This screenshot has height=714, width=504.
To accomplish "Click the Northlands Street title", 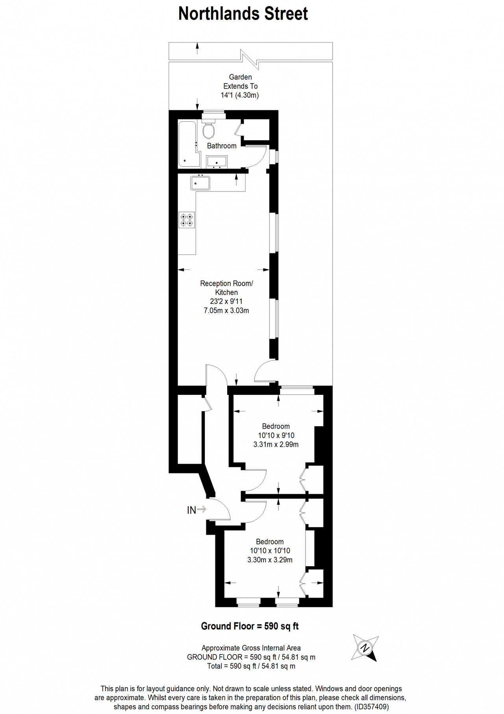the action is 243,14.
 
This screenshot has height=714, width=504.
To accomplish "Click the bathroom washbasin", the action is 217,162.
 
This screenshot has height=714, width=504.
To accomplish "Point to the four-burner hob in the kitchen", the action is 186,220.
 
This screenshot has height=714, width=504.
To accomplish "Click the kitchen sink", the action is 200,183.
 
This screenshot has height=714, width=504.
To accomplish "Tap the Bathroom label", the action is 222,146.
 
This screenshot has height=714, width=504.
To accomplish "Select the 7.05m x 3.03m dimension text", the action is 226,311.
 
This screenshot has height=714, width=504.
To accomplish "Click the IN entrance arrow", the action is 202,509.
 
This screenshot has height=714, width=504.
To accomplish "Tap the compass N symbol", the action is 365,648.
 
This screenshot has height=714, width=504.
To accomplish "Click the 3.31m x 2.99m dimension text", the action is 276,444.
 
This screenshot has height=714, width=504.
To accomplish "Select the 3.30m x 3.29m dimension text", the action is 270,560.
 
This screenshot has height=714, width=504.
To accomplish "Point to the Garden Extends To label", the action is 240,82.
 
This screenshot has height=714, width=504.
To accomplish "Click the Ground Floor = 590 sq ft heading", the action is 250,626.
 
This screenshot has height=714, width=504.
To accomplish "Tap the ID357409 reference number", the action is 371,707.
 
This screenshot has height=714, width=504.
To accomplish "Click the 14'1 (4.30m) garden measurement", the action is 239,95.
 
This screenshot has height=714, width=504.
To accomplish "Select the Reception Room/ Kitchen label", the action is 226,288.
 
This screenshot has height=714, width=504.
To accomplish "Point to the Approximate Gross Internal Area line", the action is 251,648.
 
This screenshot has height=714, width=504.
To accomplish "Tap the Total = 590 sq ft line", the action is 251,666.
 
